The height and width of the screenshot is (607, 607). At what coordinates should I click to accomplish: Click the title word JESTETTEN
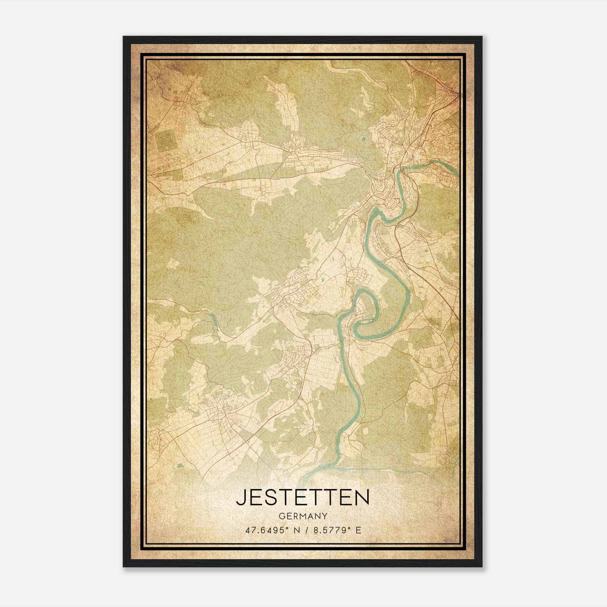302,497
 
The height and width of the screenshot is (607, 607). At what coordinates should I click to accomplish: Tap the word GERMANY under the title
302,516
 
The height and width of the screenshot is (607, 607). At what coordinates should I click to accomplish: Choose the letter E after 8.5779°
358,530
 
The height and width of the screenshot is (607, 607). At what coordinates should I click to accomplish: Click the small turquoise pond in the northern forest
365,139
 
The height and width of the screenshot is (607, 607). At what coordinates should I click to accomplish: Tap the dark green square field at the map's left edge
167,140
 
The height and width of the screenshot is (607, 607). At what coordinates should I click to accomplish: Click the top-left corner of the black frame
124,37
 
